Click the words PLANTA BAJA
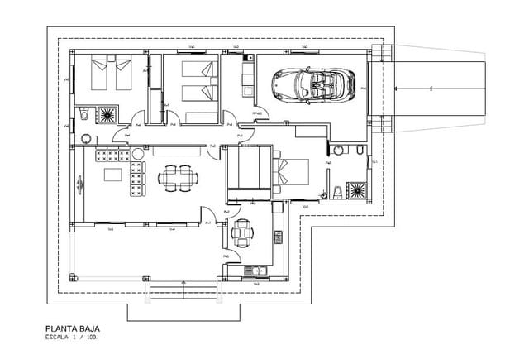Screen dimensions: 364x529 [x=73, y=328]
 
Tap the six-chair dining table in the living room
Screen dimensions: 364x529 [x=178, y=177]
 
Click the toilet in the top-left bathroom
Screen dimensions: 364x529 [x=86, y=113]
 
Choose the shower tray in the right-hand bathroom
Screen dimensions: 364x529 [x=358, y=191]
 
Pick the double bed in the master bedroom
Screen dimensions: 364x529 [x=290, y=171]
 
